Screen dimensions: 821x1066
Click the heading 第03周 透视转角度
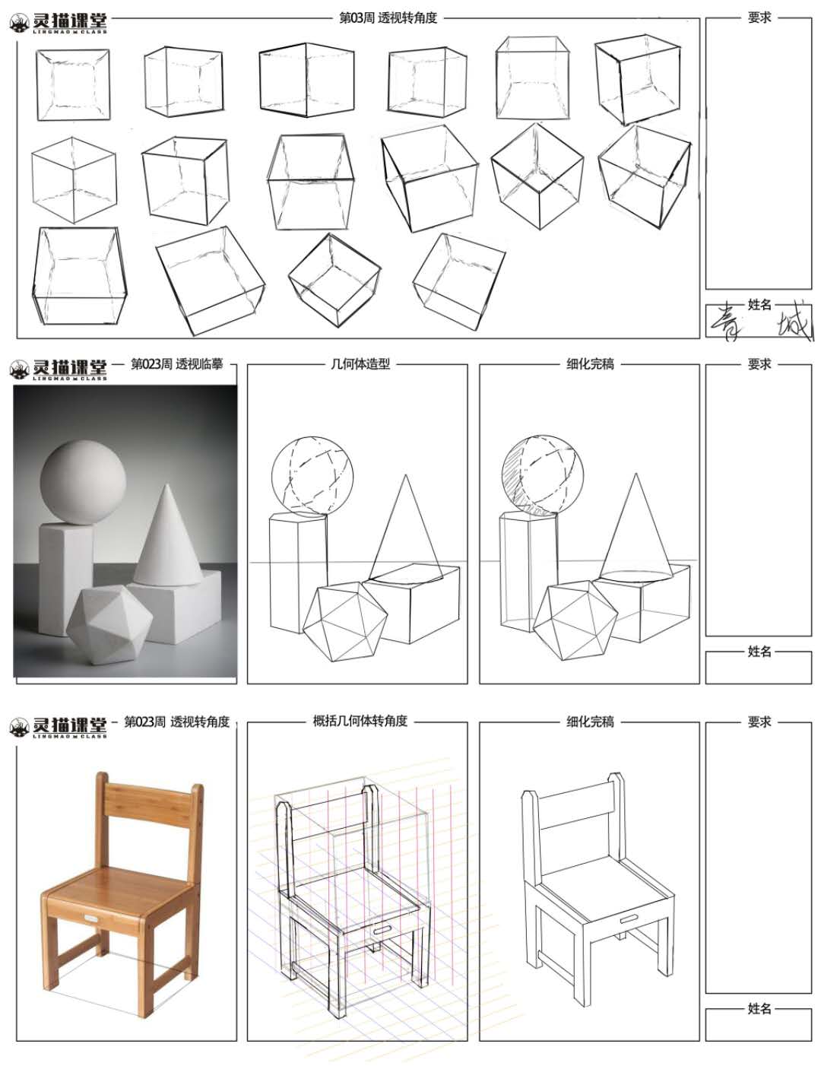tap(388, 18)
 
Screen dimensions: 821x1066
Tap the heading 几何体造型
tap(360, 364)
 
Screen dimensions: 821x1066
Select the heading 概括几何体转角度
tap(360, 721)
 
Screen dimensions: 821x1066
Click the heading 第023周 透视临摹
tap(177, 364)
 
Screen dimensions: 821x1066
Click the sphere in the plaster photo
tap(83, 482)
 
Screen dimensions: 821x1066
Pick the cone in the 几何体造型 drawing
tap(406, 529)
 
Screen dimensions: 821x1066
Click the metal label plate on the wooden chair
tap(91, 918)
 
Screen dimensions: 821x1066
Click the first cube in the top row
tap(72, 84)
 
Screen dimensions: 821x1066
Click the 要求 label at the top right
tap(759, 17)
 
